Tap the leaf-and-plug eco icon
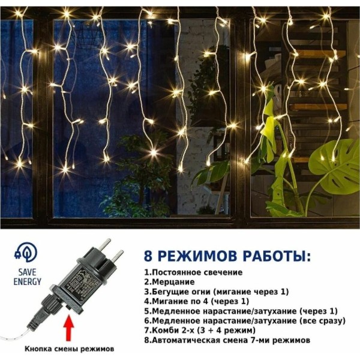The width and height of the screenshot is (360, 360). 25,253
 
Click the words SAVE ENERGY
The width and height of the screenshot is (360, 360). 28,277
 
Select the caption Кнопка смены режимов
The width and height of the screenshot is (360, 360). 70,349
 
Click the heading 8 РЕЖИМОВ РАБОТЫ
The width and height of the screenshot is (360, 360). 227,256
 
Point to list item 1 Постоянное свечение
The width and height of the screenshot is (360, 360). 193,272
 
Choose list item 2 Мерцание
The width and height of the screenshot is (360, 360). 169,282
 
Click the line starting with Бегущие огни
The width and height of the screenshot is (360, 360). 216,292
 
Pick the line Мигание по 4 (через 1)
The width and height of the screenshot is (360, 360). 197,301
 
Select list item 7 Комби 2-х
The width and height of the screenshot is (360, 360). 200,331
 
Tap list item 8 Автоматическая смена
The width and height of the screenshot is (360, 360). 227,340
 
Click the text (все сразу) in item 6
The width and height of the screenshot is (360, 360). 323,321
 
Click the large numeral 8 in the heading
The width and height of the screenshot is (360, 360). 148,256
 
